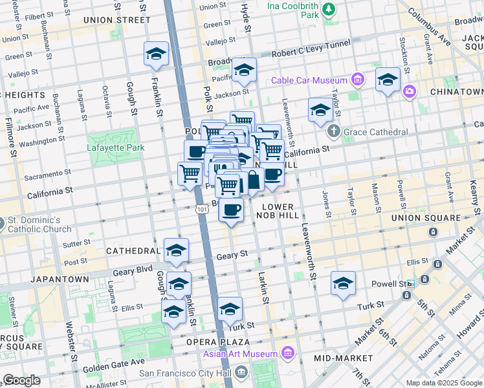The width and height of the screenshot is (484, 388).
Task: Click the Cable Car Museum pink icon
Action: tap(357, 80)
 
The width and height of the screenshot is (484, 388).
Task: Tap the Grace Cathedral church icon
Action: tap(334, 132)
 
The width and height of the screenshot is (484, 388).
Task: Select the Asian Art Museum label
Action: tap(241, 354)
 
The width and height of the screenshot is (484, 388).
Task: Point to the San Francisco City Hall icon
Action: tap(241, 372)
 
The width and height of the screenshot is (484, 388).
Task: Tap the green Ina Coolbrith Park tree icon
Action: tap(329, 8)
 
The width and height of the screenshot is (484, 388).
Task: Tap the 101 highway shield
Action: tap(201, 208)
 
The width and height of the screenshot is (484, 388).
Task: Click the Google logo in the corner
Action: tap(21, 380)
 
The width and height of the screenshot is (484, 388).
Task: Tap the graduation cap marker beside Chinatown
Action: tap(388, 80)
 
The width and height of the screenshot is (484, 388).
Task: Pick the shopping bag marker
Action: tap(253, 180)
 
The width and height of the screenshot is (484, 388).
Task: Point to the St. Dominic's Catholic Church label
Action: tap(38, 225)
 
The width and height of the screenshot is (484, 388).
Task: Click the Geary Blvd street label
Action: tap(133, 271)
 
